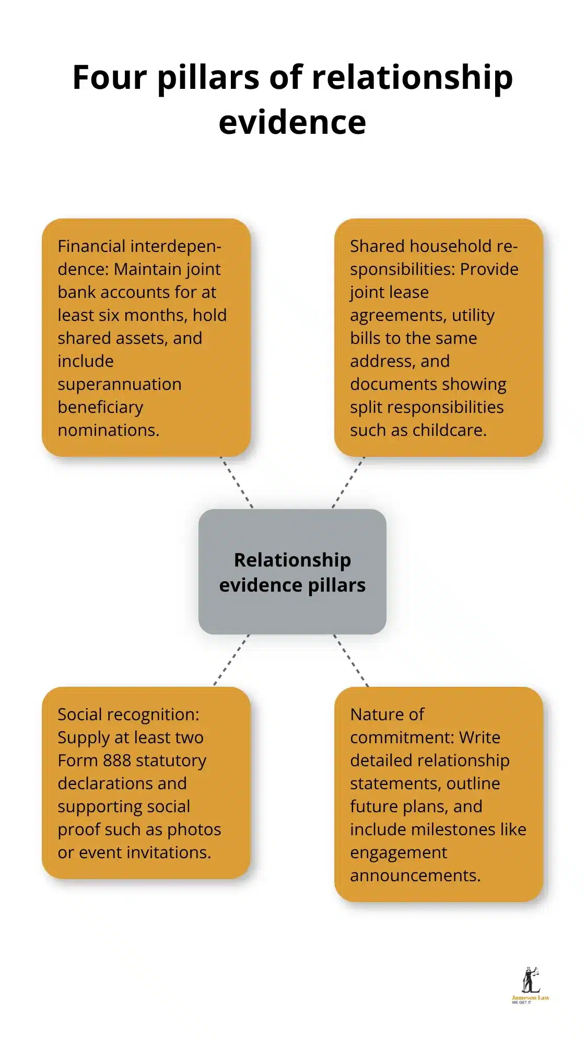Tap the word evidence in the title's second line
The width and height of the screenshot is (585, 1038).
[x=292, y=122]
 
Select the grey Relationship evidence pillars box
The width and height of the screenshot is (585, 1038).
[x=292, y=572]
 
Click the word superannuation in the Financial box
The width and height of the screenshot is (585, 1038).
[x=120, y=384]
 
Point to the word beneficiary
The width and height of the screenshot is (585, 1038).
[x=100, y=407]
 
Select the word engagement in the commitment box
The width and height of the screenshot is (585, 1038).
[x=399, y=852]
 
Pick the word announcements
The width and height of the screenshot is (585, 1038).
[x=415, y=875]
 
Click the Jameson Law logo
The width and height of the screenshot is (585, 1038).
[x=530, y=985]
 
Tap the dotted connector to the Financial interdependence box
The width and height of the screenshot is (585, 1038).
[x=237, y=482]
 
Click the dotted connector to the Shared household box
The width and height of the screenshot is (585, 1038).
[x=348, y=482]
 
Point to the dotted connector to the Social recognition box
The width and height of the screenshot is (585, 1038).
[x=231, y=660]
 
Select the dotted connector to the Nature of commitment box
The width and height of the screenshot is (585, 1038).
[x=351, y=660]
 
